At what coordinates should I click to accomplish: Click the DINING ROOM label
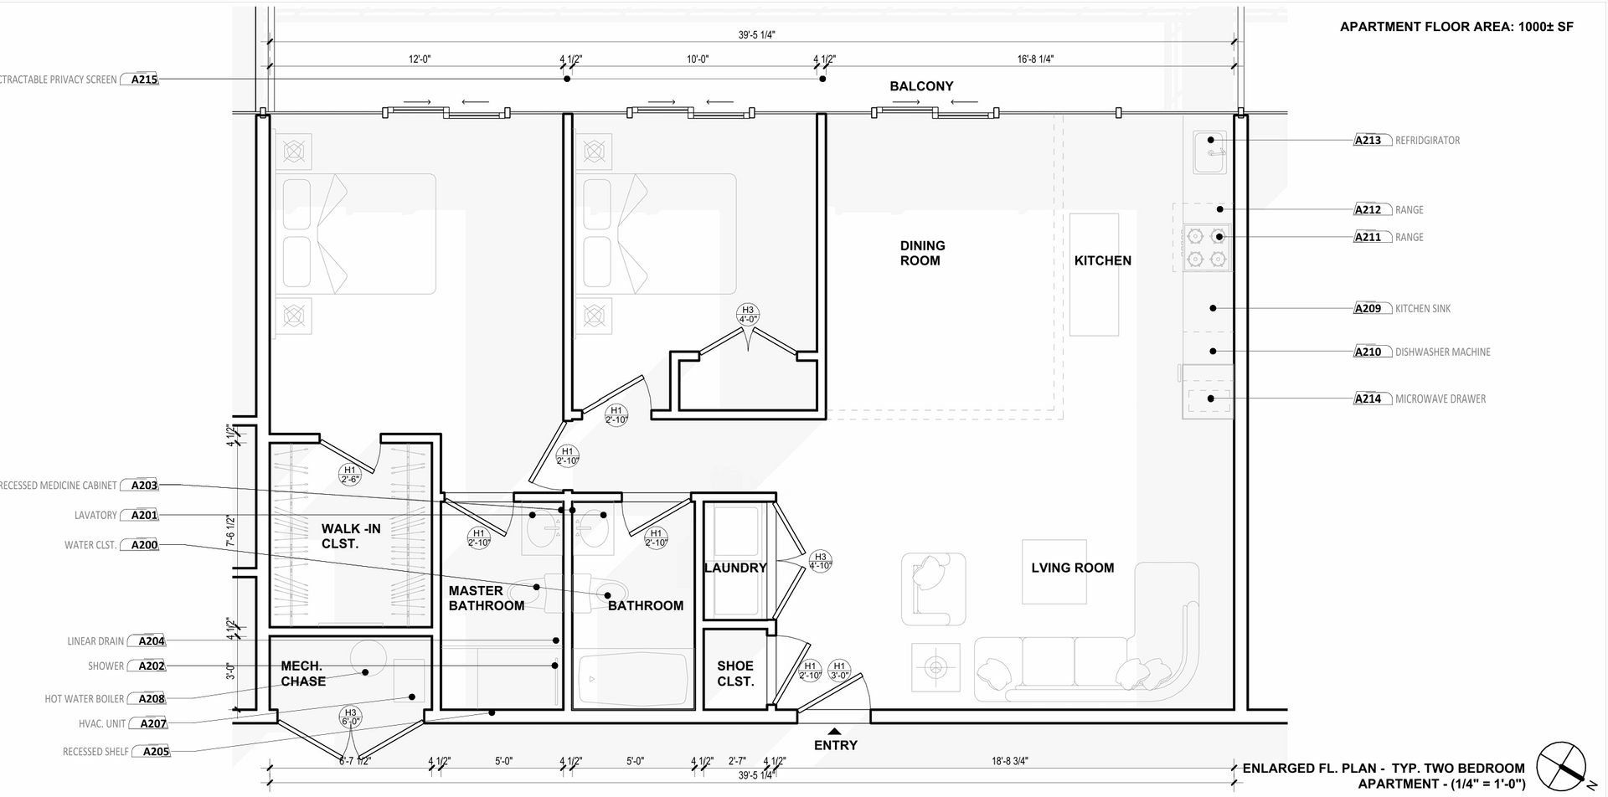tap(922, 253)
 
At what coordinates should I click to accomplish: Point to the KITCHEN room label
tap(1102, 260)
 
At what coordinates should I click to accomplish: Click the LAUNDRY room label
tap(735, 568)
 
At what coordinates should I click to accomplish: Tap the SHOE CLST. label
tap(735, 673)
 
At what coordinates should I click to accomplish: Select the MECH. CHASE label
tap(302, 673)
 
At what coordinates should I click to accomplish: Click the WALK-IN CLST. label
tap(351, 536)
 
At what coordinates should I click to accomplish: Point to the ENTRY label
tap(836, 745)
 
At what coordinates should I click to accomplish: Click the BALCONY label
tap(921, 86)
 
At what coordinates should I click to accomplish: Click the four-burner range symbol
tap(1206, 248)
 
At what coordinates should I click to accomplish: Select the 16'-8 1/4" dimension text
tap(1035, 59)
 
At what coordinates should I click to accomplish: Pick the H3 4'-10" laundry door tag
tap(820, 561)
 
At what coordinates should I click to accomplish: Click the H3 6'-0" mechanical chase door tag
tap(350, 717)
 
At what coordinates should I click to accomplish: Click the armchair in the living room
tap(929, 589)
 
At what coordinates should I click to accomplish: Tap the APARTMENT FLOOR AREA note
tap(1456, 27)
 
